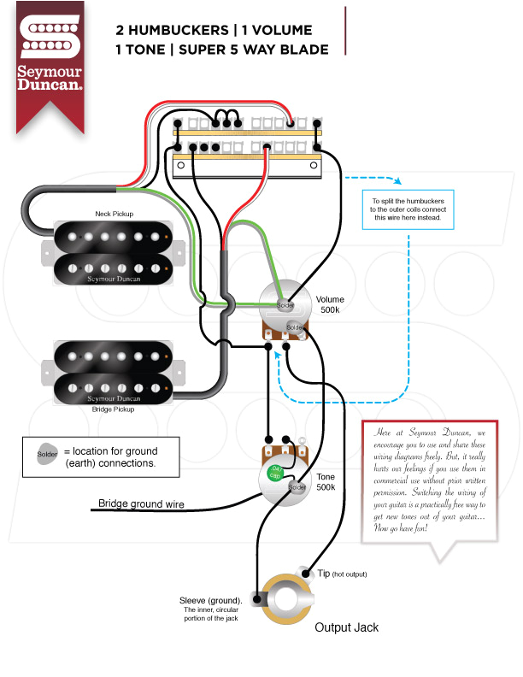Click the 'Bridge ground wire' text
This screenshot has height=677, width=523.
tap(141, 504)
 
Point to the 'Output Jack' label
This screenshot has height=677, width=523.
tap(346, 627)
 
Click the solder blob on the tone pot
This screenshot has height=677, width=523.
tap(297, 487)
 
